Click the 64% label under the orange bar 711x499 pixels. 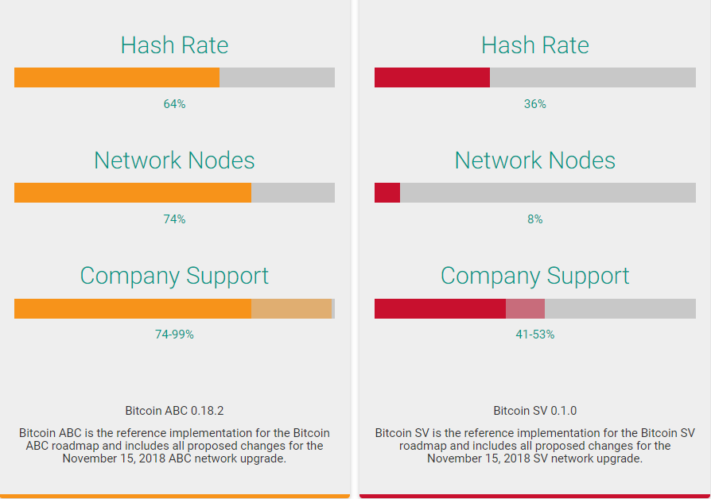point(174,104)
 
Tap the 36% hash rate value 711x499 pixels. point(534,104)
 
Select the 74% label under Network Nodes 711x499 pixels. point(174,219)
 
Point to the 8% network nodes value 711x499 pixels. point(534,219)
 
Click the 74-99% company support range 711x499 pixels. point(174,335)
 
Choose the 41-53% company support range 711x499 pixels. point(534,335)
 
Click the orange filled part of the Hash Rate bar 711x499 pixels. point(116,77)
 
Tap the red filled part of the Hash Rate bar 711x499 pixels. point(432,77)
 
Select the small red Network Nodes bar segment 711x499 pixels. point(387,193)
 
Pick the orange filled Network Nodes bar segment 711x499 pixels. point(132,193)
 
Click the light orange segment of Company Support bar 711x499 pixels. point(291,308)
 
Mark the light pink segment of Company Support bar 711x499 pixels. point(525,308)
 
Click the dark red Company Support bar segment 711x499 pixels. point(440,308)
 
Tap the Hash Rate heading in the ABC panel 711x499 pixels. point(174,45)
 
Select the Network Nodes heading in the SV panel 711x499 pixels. point(534,161)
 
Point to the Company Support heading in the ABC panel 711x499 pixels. point(174,276)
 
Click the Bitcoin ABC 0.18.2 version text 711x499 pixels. point(174,411)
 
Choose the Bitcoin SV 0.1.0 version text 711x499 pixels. point(534,411)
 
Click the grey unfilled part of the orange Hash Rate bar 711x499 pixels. point(277,77)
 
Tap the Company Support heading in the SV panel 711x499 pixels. point(534,276)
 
